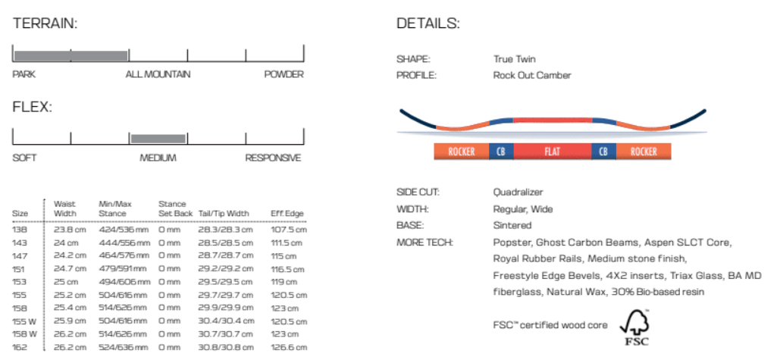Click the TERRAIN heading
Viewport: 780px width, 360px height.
click(45, 23)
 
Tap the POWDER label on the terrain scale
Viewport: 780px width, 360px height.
click(283, 74)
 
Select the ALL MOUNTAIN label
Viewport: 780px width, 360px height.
click(158, 74)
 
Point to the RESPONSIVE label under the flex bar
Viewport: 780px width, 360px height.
click(273, 158)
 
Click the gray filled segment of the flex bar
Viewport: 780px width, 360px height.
click(158, 138)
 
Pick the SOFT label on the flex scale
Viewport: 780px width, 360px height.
click(24, 158)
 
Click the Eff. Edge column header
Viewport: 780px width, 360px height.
click(287, 214)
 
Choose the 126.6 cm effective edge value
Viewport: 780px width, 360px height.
click(288, 346)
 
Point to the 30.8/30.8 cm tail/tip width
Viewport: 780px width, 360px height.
click(225, 346)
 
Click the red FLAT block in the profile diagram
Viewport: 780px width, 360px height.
click(552, 152)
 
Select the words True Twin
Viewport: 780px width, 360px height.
click(514, 59)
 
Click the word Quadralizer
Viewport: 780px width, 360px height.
click(518, 193)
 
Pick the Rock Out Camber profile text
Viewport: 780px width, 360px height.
click(532, 76)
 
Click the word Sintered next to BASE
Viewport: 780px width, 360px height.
click(512, 226)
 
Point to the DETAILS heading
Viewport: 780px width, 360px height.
click(428, 23)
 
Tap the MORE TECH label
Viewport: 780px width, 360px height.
click(424, 243)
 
